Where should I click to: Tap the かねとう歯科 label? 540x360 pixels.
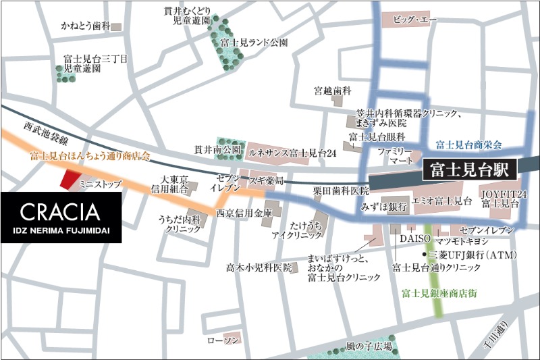click(x=84, y=26)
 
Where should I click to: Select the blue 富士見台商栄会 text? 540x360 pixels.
click(x=468, y=145)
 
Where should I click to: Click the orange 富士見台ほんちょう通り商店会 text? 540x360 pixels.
click(x=89, y=155)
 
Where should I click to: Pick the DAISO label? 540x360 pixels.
click(x=411, y=239)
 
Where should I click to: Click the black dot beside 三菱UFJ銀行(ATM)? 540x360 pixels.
click(x=425, y=255)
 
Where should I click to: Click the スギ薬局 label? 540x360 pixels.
click(x=265, y=182)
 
